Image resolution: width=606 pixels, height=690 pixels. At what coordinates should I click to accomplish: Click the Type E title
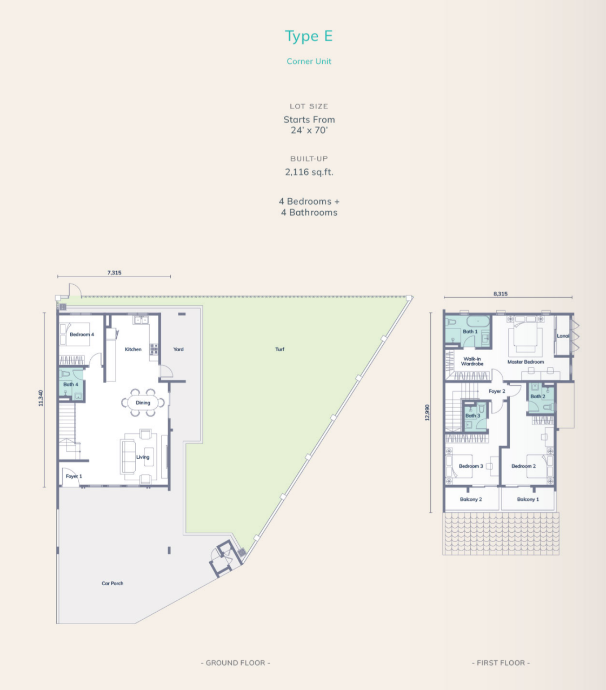[309, 36]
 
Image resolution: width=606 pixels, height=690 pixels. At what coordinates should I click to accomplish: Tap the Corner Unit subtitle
[309, 61]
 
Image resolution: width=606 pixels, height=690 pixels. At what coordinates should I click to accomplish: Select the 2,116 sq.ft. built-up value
[309, 172]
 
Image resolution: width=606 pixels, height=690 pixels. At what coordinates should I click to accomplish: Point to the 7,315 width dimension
[114, 272]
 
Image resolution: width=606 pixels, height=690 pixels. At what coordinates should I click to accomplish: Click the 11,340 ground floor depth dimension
[41, 398]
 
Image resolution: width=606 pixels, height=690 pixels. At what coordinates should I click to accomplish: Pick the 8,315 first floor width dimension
[501, 293]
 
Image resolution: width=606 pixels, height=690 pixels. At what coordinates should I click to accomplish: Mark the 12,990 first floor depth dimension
[428, 412]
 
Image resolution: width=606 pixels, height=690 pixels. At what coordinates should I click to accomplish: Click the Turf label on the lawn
[280, 349]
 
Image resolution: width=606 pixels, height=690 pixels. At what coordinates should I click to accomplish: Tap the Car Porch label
[112, 583]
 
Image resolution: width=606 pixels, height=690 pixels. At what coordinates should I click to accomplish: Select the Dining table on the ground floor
[143, 403]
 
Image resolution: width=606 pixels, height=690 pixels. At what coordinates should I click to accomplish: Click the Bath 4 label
[71, 384]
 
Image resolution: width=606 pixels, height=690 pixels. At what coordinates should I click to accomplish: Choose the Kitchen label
[133, 349]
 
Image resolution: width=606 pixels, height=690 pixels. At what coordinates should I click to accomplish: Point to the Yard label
[178, 349]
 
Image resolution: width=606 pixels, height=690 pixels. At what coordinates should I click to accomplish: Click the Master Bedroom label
[525, 361]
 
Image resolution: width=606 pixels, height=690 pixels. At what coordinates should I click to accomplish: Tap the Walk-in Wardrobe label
[472, 361]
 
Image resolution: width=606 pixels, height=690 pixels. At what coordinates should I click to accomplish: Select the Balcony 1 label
[528, 499]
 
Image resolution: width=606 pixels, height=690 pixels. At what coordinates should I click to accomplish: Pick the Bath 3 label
[472, 416]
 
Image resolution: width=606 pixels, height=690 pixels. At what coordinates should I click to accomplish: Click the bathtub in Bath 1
[478, 321]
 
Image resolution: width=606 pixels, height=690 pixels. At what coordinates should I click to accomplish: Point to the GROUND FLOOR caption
[236, 663]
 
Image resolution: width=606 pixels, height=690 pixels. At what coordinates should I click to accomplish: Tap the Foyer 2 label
[497, 391]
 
